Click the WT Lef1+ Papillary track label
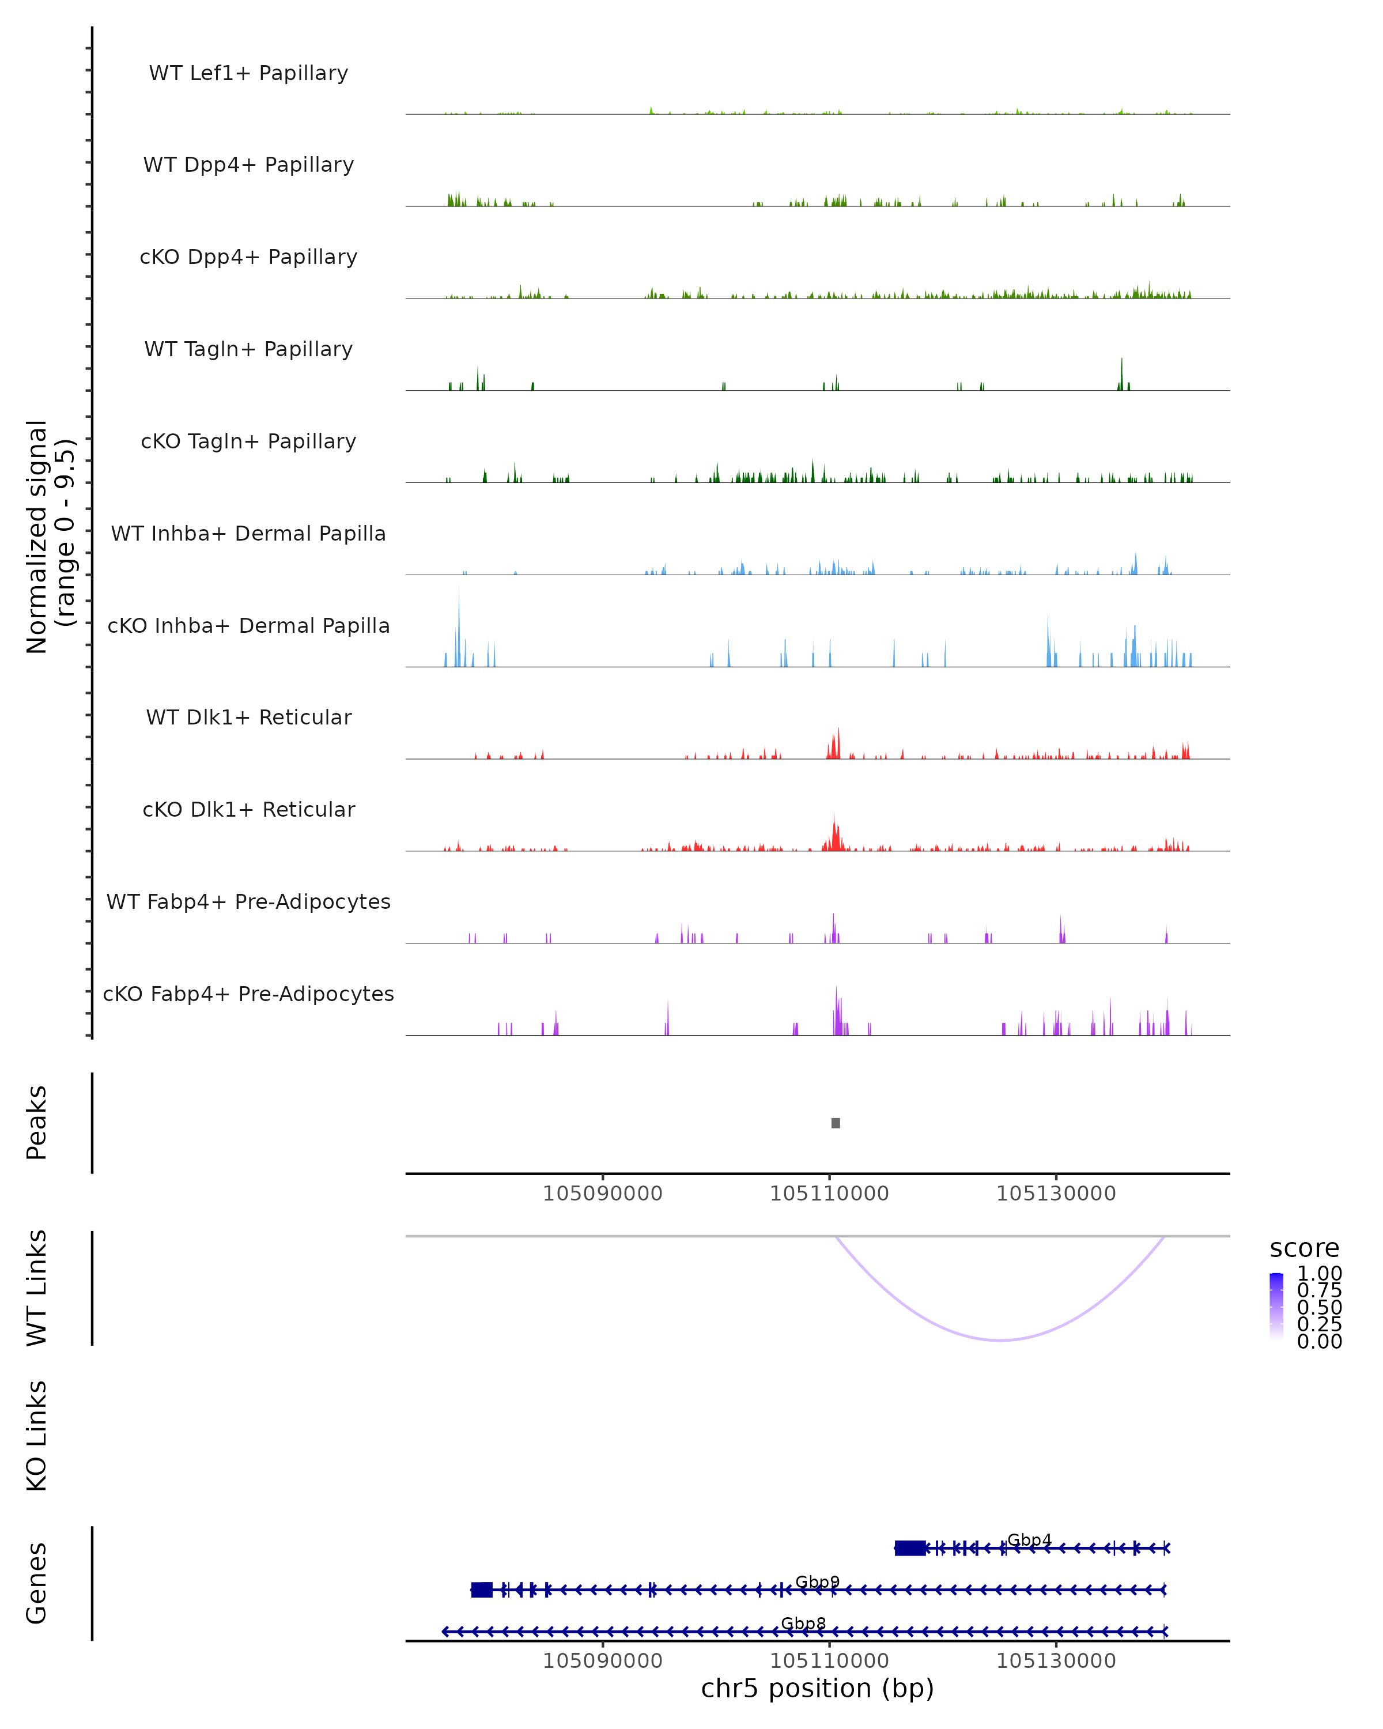pyautogui.click(x=248, y=73)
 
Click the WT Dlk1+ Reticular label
pyautogui.click(x=248, y=717)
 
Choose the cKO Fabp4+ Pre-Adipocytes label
pyautogui.click(x=248, y=994)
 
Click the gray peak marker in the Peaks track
pyautogui.click(x=836, y=1123)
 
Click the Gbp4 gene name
pyautogui.click(x=1029, y=1540)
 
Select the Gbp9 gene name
pyautogui.click(x=817, y=1581)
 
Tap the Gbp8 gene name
pyautogui.click(x=803, y=1623)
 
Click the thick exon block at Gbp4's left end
pyautogui.click(x=909, y=1548)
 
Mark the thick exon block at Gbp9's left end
pyautogui.click(x=482, y=1590)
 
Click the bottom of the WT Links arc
pyautogui.click(x=1000, y=1340)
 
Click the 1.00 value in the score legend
pyautogui.click(x=1319, y=1274)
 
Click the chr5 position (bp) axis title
pyautogui.click(x=817, y=1688)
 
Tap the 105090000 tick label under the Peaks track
pyautogui.click(x=602, y=1194)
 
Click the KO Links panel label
pyautogui.click(x=37, y=1436)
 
